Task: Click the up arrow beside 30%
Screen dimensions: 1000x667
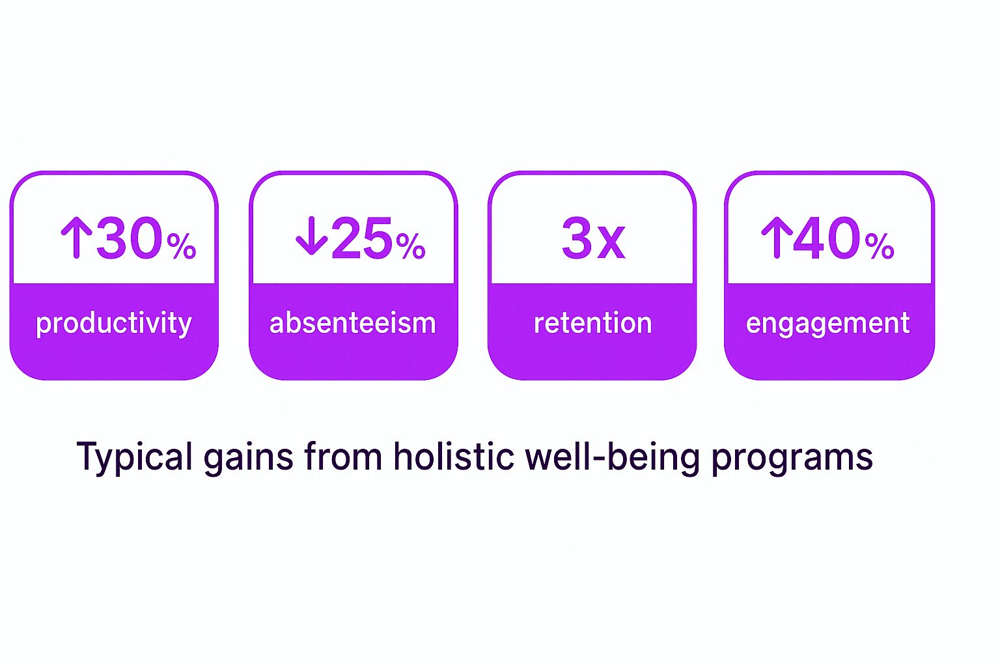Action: point(76,238)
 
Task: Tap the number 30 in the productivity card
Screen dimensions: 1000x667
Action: point(130,238)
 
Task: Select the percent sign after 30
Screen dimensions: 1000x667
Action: point(181,246)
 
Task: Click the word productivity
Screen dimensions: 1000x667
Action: point(114,324)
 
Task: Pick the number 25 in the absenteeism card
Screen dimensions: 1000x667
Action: point(361,238)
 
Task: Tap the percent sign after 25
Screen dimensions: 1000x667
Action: point(410,246)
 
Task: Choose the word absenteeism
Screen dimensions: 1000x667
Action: point(353,322)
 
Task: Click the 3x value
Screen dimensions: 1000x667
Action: point(593,238)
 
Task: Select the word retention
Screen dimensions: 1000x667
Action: point(593,322)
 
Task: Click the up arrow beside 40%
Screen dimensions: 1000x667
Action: point(777,238)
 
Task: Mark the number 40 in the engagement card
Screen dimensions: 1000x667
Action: point(827,238)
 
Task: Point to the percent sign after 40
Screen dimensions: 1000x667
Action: point(880,246)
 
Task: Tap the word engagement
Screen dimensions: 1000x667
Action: point(827,324)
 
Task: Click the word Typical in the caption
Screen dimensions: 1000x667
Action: point(134,457)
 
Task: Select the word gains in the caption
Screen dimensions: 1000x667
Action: point(248,457)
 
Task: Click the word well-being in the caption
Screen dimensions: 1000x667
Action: point(612,457)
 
